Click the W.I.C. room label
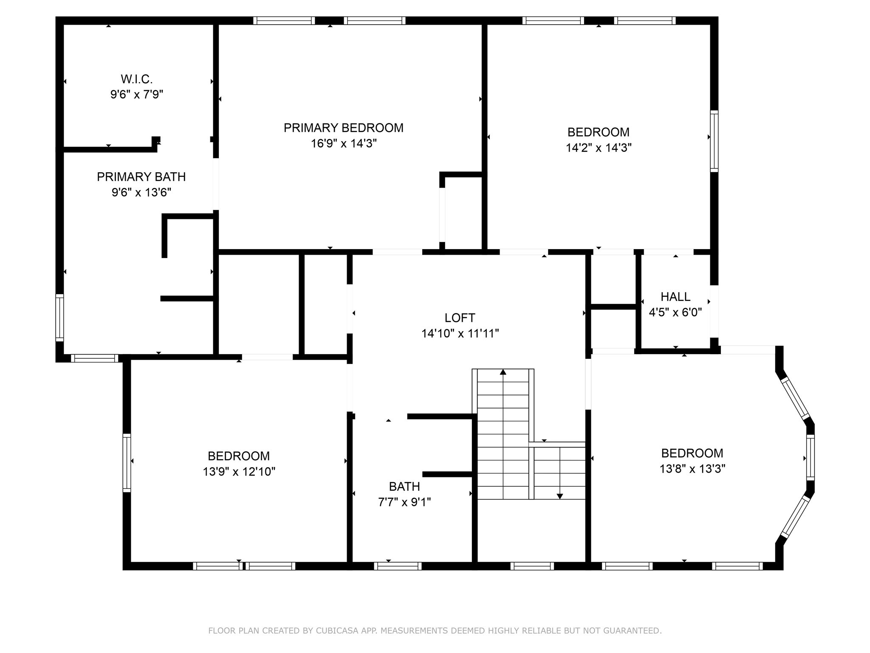136,79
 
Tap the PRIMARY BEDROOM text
343,128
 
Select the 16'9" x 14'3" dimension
344,144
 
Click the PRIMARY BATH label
141,177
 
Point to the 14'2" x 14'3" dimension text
598,148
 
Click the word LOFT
460,318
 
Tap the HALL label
675,297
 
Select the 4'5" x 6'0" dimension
675,312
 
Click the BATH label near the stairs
404,486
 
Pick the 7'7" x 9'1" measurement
404,502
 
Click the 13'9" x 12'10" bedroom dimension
239,472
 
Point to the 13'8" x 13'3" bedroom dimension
692,469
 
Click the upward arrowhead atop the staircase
503,372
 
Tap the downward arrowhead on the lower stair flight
559,496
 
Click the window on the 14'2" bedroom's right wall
714,141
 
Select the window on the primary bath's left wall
60,317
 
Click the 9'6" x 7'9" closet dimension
136,94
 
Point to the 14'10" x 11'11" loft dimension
460,334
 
